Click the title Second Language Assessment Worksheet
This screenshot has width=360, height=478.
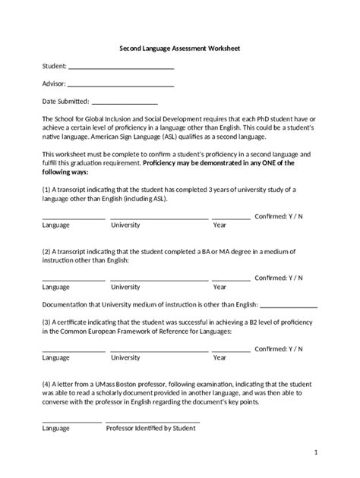click(180, 48)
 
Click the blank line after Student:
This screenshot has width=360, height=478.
click(121, 68)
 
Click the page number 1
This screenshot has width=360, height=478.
click(316, 454)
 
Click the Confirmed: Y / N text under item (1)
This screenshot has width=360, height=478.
click(278, 216)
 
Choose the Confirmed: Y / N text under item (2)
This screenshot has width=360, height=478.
click(278, 278)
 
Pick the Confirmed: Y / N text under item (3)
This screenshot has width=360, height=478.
click(278, 348)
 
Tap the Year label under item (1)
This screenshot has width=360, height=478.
click(219, 225)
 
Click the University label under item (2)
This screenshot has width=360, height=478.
click(125, 288)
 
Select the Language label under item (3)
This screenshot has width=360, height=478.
click(55, 357)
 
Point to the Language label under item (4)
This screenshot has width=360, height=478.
click(55, 429)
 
